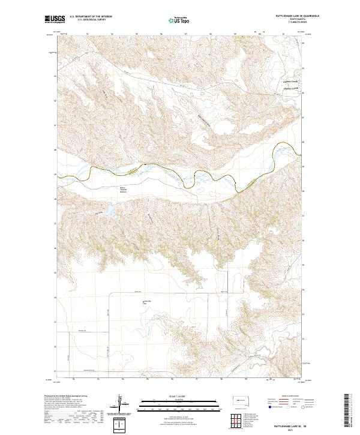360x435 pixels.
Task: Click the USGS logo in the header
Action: pyautogui.click(x=55, y=20)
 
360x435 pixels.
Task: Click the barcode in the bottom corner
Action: pyautogui.click(x=347, y=411)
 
